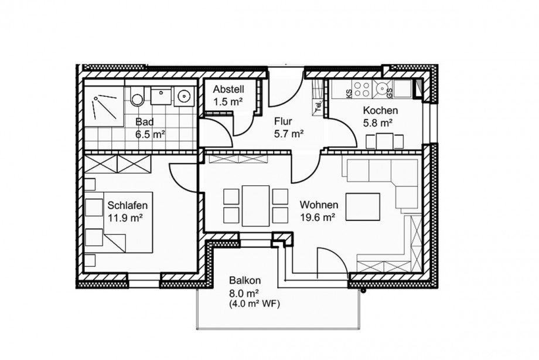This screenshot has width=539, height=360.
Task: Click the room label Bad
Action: tap(144, 122)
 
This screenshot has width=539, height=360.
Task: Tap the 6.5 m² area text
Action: tap(150, 134)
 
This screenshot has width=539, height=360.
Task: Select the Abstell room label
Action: tap(228, 90)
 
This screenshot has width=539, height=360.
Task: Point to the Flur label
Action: tap(283, 121)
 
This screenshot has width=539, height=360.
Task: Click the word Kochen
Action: tap(381, 110)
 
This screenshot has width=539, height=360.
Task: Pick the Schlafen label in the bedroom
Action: tap(128, 205)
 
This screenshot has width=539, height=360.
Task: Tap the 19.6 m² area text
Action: tap(318, 218)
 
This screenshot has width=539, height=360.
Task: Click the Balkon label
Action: tap(245, 280)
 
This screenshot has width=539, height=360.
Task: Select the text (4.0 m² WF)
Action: tap(254, 304)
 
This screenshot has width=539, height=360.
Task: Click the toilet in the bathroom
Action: tap(137, 96)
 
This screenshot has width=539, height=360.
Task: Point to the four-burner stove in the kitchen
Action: tap(362, 89)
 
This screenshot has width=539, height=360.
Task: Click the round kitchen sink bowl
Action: tap(381, 89)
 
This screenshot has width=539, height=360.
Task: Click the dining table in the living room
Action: tap(255, 206)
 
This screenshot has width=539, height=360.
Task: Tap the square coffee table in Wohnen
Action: tap(363, 206)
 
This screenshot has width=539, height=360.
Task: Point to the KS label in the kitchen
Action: tap(348, 93)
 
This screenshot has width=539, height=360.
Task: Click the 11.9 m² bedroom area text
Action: tap(125, 218)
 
